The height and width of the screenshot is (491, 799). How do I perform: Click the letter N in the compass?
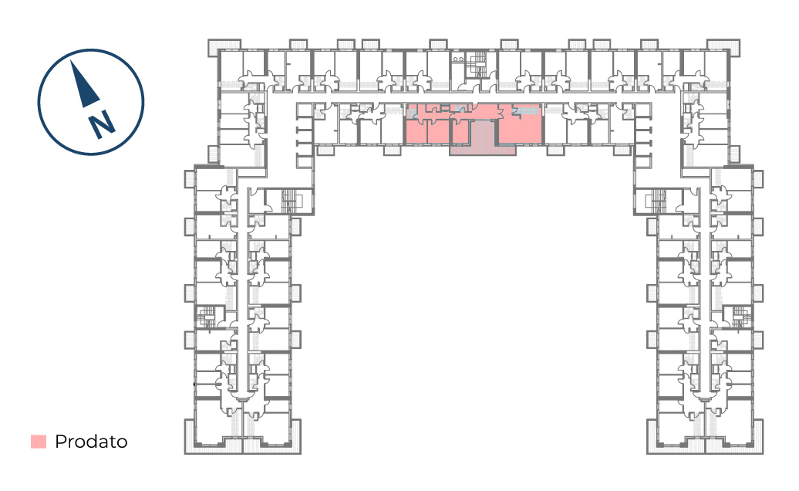click(102, 124)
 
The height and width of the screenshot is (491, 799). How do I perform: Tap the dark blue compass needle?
click(83, 85)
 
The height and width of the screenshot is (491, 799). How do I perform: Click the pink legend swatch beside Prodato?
click(39, 442)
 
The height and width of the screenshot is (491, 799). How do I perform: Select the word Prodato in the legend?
click(91, 442)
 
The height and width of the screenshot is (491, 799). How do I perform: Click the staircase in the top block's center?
click(478, 65)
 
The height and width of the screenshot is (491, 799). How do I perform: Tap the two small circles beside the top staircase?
click(458, 59)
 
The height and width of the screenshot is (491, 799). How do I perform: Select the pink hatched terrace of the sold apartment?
click(483, 138)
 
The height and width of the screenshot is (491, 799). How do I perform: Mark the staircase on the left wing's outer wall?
click(207, 317)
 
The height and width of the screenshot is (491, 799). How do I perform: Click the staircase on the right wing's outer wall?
click(740, 317)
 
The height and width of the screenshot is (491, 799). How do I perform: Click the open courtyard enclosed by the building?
click(474, 306)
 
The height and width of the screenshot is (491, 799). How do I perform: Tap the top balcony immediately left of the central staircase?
click(438, 44)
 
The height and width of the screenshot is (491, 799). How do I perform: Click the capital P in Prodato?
click(60, 442)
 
